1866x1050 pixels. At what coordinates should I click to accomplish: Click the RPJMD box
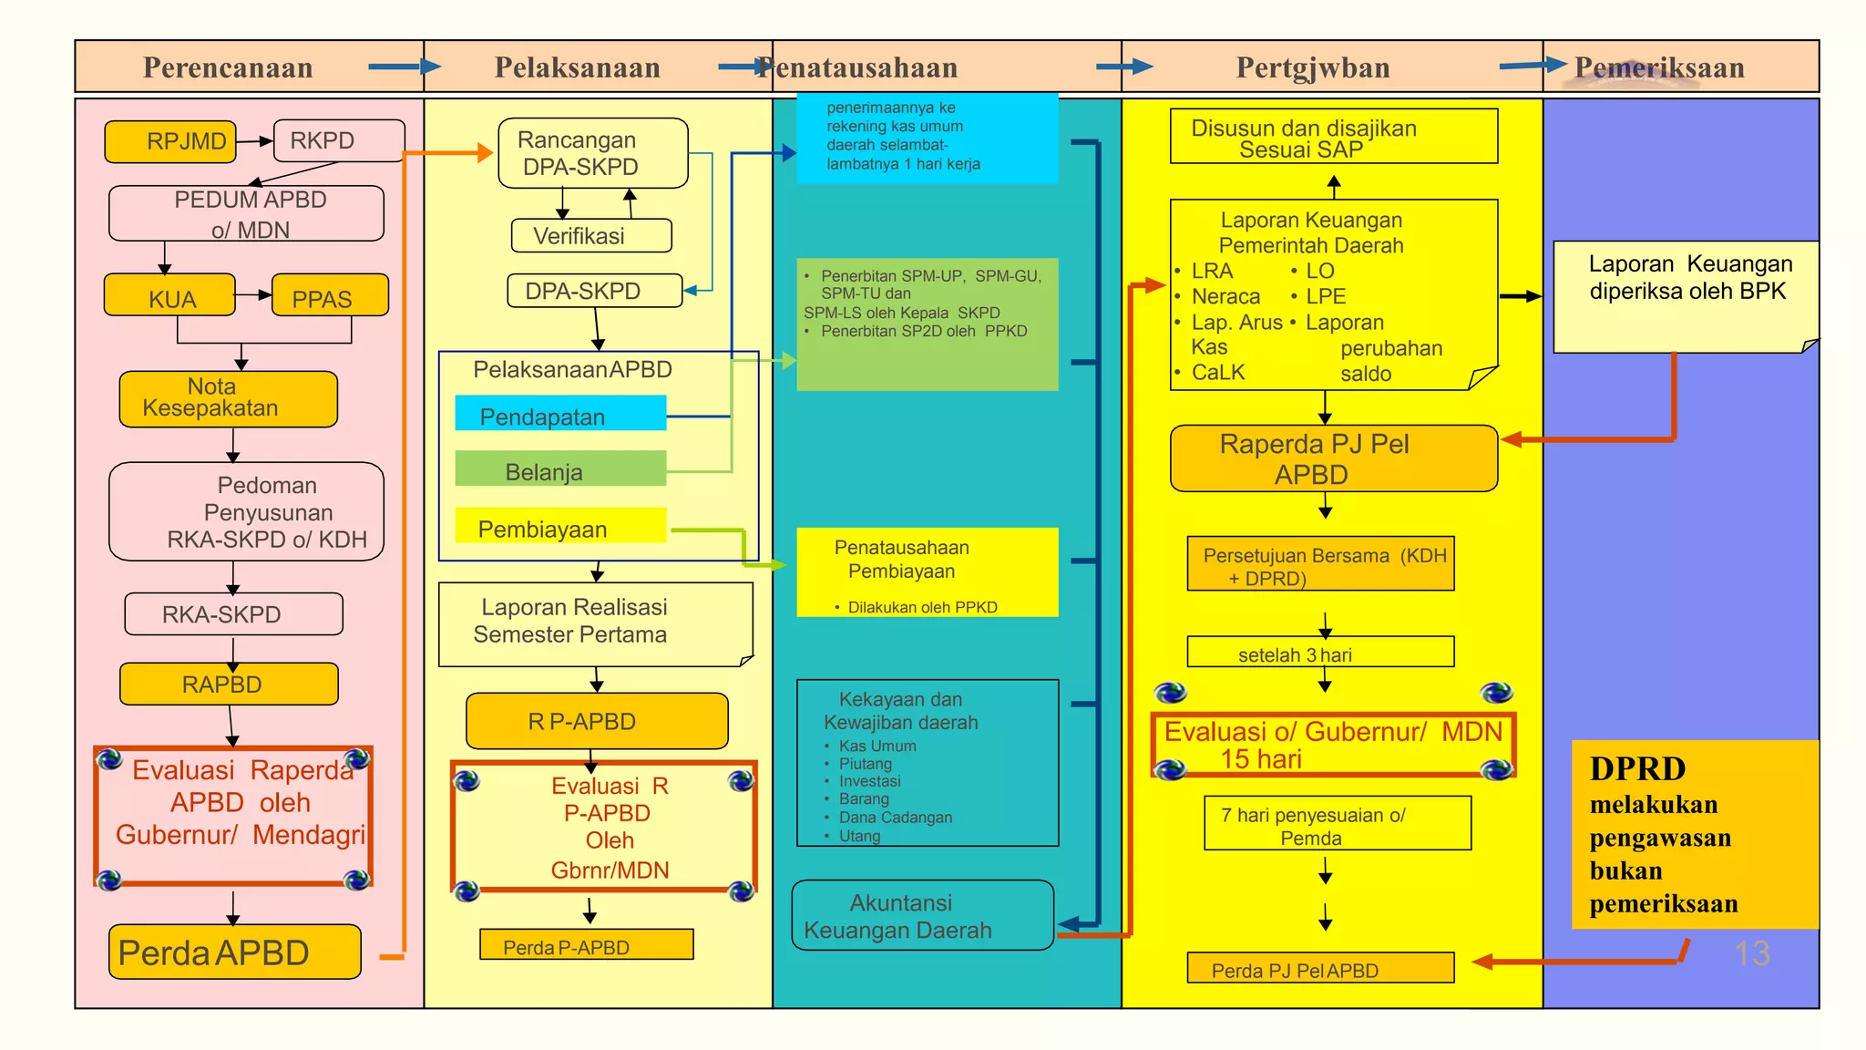coord(170,141)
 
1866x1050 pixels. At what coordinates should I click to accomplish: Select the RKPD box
coord(338,140)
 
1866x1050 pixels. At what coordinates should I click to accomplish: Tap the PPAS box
coord(330,295)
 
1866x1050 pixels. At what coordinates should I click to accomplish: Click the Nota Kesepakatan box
coord(228,398)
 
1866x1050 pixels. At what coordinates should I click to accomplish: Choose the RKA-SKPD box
coord(233,614)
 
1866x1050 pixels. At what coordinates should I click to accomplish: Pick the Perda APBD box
coord(234,952)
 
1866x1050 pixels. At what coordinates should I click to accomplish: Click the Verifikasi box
coord(591,236)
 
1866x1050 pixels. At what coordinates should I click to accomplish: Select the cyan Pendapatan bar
coord(560,413)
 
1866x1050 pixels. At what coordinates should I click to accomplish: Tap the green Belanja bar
coord(560,468)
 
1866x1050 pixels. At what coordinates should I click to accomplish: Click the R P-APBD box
coord(597,721)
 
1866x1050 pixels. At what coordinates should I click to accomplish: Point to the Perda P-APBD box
coord(586,945)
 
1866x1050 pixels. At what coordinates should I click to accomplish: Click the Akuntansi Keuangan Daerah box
coord(922,915)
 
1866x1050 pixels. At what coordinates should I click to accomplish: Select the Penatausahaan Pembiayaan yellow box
coord(927,572)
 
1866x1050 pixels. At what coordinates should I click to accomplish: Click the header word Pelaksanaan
coord(577,67)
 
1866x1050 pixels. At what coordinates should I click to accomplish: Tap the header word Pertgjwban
coord(1312,67)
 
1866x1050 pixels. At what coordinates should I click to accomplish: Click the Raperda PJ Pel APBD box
coord(1333,458)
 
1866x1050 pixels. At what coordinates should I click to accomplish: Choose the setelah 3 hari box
coord(1319,653)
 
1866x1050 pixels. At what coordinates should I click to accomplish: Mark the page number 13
coord(1751,953)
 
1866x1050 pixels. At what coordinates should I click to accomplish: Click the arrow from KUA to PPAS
coord(253,294)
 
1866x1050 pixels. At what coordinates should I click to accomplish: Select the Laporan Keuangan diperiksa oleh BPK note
coord(1686,297)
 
